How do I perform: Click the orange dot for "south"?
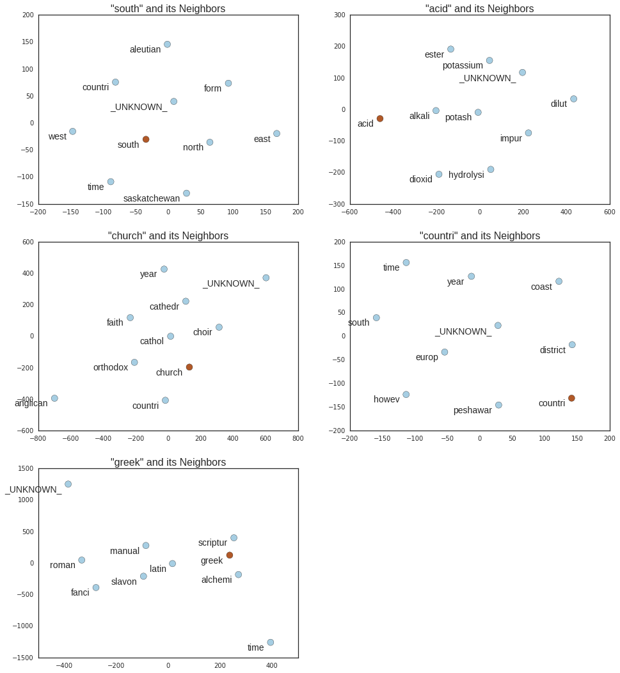point(146,139)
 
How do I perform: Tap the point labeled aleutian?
point(167,45)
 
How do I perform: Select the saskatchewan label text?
point(152,199)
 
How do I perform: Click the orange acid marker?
point(380,119)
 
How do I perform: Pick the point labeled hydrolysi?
point(491,170)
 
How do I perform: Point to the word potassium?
point(463,66)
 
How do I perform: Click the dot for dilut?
point(573,99)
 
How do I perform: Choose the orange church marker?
point(189,367)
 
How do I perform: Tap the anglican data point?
point(54,399)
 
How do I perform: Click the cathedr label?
point(164,307)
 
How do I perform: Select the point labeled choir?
point(219,328)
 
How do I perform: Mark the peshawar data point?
point(498,405)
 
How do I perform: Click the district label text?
point(552,351)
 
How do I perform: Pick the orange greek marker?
point(230,555)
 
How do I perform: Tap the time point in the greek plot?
point(271,642)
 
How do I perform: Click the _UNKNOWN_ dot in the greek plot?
point(68,484)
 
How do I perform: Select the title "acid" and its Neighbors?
point(479,9)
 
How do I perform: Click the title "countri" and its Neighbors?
point(479,236)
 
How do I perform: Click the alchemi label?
point(216,580)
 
